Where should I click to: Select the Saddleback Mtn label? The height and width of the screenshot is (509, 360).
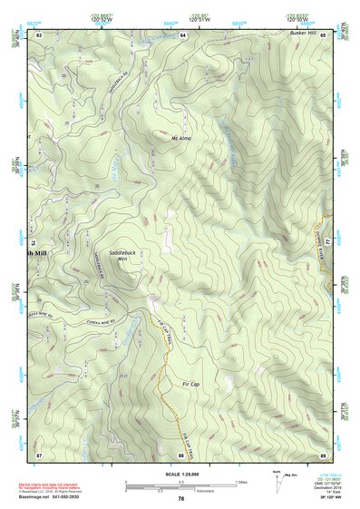[x=122, y=254]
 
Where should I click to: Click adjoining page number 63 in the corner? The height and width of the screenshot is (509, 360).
[x=39, y=34]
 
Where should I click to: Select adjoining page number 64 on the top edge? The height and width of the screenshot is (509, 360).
[x=182, y=34]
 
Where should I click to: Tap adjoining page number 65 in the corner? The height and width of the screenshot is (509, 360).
[x=323, y=34]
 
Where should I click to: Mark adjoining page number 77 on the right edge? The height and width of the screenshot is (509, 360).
[x=329, y=243]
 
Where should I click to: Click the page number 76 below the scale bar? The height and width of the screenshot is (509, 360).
[x=181, y=498]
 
